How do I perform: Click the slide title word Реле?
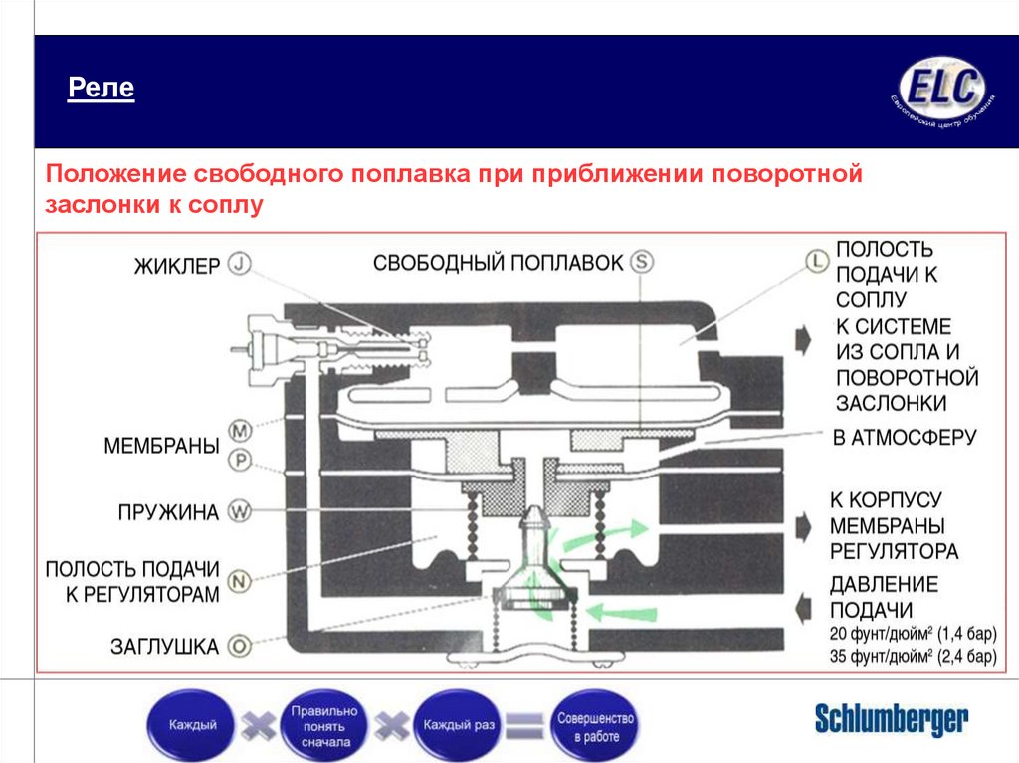[101, 90]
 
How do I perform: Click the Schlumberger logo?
[891, 719]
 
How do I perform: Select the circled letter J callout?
[240, 264]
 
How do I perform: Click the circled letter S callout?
[642, 262]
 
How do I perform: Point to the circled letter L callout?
[816, 261]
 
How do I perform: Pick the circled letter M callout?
[240, 431]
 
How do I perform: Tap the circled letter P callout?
[240, 461]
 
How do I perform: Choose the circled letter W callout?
[240, 513]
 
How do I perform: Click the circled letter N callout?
[240, 580]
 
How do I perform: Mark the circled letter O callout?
[240, 646]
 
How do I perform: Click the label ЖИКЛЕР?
[177, 266]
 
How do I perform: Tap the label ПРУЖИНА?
[168, 513]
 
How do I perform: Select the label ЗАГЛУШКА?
[164, 647]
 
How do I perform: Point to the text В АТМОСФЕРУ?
[905, 437]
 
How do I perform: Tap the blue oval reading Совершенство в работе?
[596, 726]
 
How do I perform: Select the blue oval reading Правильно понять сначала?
[322, 726]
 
